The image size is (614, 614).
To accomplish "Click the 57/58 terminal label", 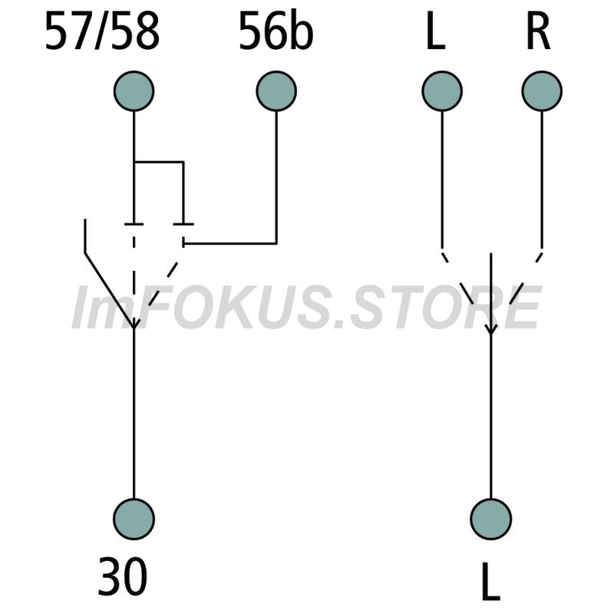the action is pyautogui.click(x=102, y=31).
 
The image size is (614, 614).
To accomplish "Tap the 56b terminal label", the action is pyautogui.click(x=276, y=31).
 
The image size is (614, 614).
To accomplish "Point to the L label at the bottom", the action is pyautogui.click(x=490, y=581).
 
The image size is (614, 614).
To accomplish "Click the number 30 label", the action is pyautogui.click(x=123, y=576).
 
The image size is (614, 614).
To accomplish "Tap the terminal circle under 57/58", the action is pyautogui.click(x=134, y=91).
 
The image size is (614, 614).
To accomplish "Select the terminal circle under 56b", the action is pyautogui.click(x=276, y=91).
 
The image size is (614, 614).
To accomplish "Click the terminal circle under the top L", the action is pyautogui.click(x=442, y=91).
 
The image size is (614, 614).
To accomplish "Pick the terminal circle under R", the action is pyautogui.click(x=542, y=91).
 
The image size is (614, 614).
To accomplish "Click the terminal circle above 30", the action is pyautogui.click(x=134, y=519).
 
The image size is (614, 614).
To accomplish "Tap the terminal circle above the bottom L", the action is pyautogui.click(x=491, y=519).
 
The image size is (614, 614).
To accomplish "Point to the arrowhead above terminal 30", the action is pyautogui.click(x=134, y=323).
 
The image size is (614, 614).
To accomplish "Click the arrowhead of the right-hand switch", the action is pyautogui.click(x=491, y=329).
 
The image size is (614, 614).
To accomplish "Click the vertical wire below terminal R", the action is pyautogui.click(x=542, y=180).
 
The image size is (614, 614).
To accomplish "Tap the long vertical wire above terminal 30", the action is pyautogui.click(x=134, y=414).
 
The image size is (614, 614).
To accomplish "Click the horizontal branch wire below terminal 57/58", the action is pyautogui.click(x=159, y=161).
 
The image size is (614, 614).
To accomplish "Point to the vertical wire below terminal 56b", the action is pyautogui.click(x=276, y=177).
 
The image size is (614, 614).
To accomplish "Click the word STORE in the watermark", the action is pyautogui.click(x=447, y=307).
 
